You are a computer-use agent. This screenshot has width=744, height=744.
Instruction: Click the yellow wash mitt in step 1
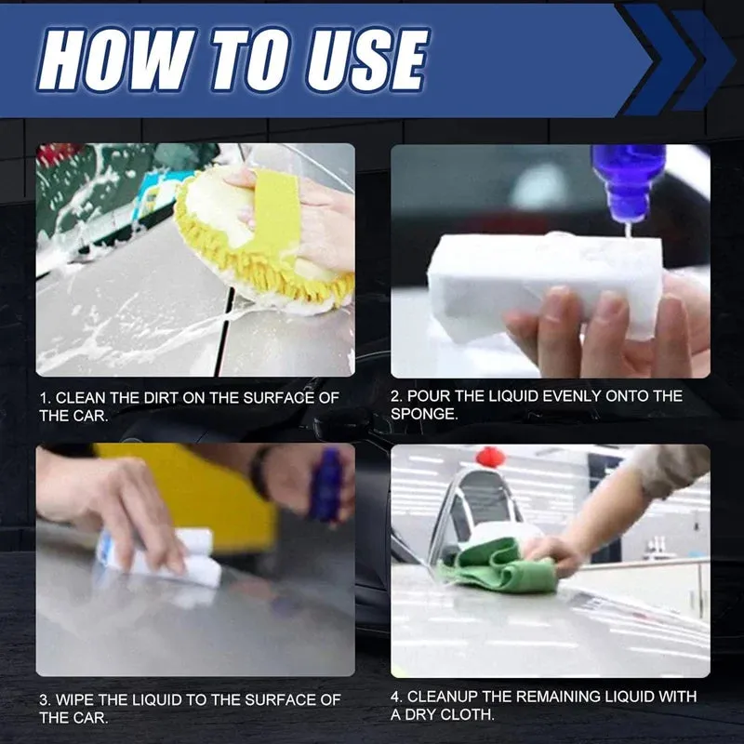(260, 242)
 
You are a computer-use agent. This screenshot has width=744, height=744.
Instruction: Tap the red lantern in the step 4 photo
(490, 457)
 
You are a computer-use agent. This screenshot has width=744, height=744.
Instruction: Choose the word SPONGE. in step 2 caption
(425, 415)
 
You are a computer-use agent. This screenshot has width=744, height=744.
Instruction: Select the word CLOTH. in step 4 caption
(472, 715)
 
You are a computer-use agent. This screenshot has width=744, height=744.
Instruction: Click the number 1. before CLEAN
(45, 397)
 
